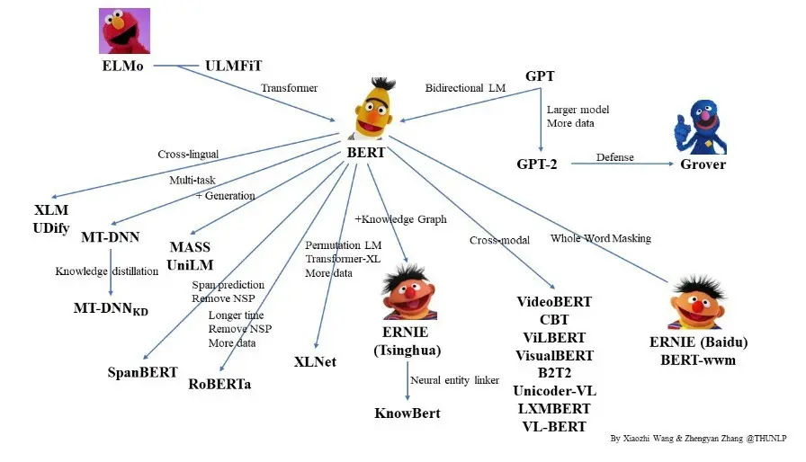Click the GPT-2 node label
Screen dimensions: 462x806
point(538,164)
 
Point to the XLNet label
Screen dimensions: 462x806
point(316,361)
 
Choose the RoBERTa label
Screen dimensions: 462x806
point(219,384)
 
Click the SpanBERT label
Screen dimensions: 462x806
point(143,371)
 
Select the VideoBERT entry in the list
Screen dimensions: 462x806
point(554,302)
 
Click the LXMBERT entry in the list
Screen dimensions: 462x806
point(554,408)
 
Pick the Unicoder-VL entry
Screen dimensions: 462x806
point(554,390)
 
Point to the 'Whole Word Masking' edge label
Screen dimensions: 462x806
point(600,238)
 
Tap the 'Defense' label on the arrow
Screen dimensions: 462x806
point(615,157)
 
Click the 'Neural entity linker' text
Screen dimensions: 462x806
point(454,380)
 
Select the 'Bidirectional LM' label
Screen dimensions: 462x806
point(465,88)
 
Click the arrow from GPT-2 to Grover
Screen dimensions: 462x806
point(621,165)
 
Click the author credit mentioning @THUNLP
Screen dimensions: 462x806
point(704,438)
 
